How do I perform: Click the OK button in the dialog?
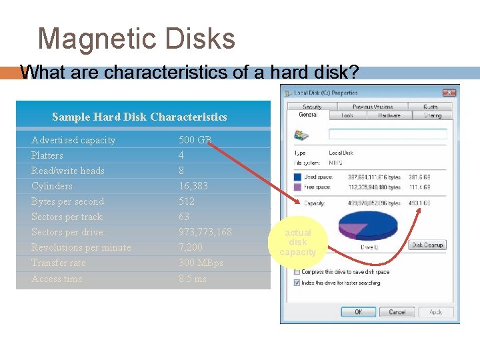[x=358, y=312]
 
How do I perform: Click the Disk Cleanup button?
[x=427, y=245]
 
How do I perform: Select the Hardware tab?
[x=389, y=115]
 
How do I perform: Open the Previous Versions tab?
[x=373, y=107]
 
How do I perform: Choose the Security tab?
[x=312, y=107]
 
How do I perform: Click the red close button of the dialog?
[x=447, y=93]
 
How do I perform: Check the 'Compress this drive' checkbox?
[x=297, y=272]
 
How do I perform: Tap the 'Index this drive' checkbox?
[x=297, y=283]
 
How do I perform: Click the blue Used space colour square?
[x=297, y=177]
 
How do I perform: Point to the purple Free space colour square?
[x=297, y=187]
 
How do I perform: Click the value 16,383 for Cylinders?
[x=193, y=186]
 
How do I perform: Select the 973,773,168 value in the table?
[x=205, y=232]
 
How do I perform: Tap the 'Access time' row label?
[x=57, y=279]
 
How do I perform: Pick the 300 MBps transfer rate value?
[x=201, y=263]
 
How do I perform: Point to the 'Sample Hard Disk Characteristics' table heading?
[x=139, y=117]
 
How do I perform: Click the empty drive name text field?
[x=387, y=134]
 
